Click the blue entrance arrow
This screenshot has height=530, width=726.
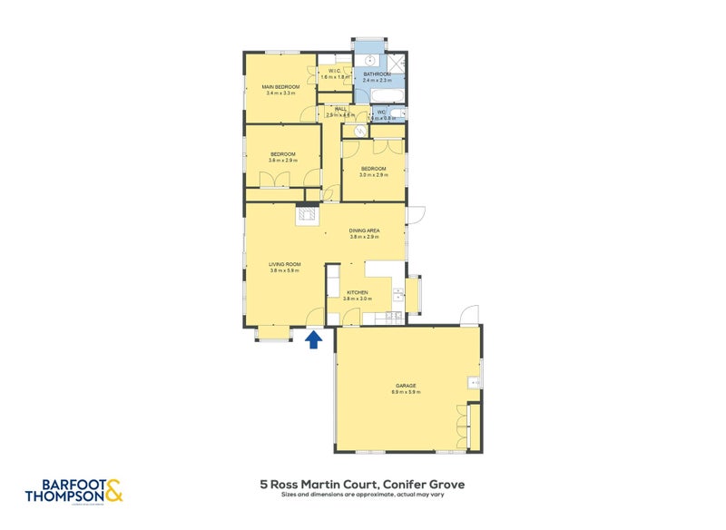tap(314, 339)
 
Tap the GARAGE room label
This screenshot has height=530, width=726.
tap(406, 386)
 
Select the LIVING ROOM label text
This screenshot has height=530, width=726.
tap(285, 264)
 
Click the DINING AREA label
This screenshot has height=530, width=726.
tap(365, 231)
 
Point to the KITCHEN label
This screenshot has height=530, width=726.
tap(357, 291)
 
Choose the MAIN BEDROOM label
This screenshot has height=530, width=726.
tap(281, 86)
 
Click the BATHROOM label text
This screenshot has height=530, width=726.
tap(377, 74)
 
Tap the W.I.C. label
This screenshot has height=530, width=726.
tap(335, 72)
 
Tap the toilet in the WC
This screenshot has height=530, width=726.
tap(400, 113)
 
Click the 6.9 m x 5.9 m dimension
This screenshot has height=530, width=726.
tap(406, 392)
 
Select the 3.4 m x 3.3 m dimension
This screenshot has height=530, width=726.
tap(281, 93)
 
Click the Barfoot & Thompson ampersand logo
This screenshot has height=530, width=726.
tap(114, 491)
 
